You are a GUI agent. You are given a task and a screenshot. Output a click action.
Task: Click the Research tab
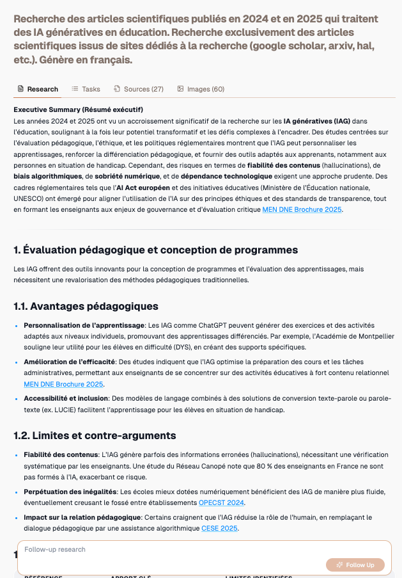[x=38, y=89]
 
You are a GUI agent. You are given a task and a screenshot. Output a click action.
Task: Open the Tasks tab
[x=86, y=89]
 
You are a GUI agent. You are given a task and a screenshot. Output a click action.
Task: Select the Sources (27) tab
[x=139, y=89]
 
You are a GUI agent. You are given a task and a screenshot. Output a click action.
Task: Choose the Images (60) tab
[x=201, y=89]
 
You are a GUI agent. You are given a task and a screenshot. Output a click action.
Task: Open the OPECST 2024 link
[x=222, y=502]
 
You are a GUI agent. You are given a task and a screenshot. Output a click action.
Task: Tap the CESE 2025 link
[x=219, y=528]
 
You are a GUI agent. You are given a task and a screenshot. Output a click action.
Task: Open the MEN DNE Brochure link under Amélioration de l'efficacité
[x=63, y=384]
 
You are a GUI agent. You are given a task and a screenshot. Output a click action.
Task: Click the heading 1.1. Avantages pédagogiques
[x=86, y=306]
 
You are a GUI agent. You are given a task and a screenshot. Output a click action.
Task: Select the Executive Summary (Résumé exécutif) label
[x=79, y=109]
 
